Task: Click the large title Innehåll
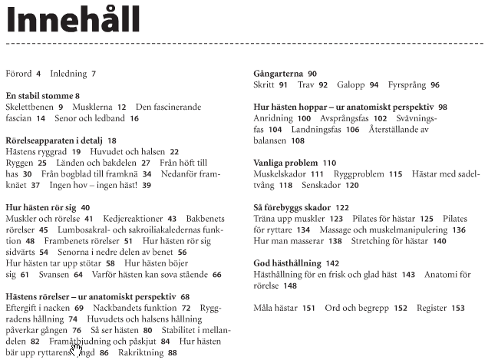pos(74,20)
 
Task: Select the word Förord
pos(18,74)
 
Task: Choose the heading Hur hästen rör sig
pos(41,207)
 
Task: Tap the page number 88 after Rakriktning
pos(172,352)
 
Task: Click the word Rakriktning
pos(140,352)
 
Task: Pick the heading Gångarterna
pos(279,74)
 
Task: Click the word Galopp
pos(351,85)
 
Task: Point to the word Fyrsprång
pos(407,85)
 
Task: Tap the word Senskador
pos(320,185)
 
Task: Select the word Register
pos(432,308)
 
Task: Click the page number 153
pos(458,308)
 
